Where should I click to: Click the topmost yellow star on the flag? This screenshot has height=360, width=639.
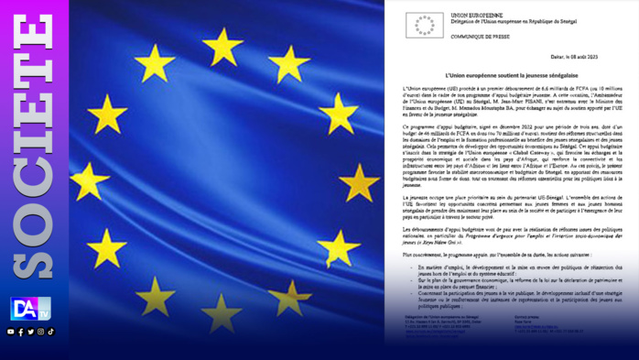(222, 46)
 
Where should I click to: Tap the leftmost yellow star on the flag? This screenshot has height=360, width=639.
(89, 180)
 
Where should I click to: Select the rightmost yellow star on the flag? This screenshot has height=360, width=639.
(358, 182)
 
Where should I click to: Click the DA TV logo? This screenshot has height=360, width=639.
(31, 309)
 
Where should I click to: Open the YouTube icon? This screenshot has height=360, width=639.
(11, 332)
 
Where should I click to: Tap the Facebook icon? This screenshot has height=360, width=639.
(21, 332)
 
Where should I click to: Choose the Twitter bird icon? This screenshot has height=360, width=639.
(31, 332)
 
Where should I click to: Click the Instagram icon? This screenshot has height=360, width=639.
(41, 332)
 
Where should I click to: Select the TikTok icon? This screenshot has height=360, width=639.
(51, 332)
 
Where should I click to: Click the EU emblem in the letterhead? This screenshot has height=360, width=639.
(424, 25)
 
